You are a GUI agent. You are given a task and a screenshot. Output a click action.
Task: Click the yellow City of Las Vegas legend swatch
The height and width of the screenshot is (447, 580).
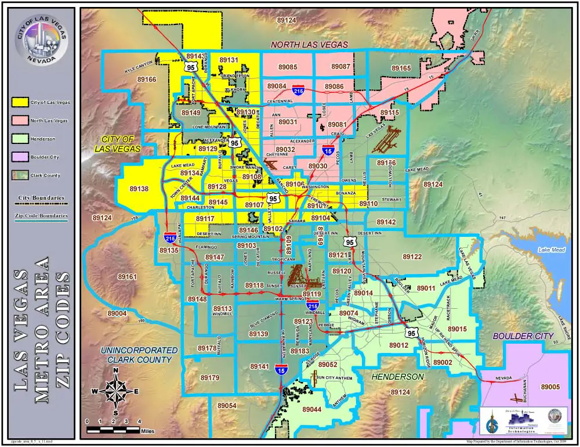(x=20, y=102)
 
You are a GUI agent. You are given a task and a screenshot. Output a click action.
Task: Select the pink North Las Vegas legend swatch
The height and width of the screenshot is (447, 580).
(x=20, y=121)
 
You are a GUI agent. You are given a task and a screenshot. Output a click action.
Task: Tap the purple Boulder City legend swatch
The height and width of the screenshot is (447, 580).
(x=20, y=157)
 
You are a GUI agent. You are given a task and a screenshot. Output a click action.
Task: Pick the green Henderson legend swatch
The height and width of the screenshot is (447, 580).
(x=20, y=139)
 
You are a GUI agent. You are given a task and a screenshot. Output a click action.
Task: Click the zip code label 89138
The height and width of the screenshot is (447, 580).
(x=139, y=189)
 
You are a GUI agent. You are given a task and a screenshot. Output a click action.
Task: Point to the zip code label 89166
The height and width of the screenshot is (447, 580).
(x=147, y=80)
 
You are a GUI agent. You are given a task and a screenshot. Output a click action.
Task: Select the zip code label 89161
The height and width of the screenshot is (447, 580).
(x=126, y=277)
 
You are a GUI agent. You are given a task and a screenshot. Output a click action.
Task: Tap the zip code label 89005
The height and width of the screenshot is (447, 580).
(x=550, y=387)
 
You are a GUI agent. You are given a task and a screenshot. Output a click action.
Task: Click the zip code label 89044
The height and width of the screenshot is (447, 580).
(x=311, y=409)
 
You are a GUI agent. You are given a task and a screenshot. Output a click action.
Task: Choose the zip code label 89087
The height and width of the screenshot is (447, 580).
(x=340, y=67)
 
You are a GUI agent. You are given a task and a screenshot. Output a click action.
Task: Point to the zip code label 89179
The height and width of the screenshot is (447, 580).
(x=210, y=378)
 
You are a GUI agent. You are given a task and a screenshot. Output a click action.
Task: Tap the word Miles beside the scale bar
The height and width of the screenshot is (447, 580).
(x=147, y=431)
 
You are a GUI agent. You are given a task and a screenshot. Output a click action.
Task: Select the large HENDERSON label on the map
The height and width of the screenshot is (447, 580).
(x=398, y=377)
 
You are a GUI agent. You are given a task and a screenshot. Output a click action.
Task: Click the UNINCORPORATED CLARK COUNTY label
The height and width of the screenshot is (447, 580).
(x=139, y=355)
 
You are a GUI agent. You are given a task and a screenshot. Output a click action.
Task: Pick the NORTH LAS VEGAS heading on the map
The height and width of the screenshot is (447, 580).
(x=309, y=45)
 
